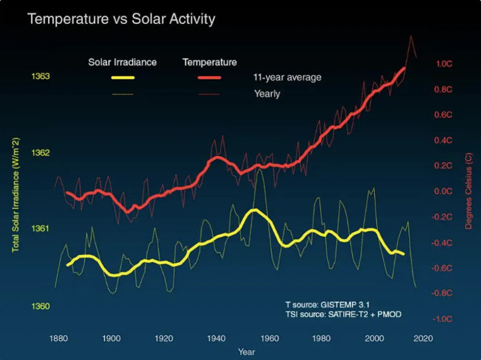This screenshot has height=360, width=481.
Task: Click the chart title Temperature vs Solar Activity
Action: click(121, 20)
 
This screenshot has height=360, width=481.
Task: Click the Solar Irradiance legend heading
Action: click(122, 62)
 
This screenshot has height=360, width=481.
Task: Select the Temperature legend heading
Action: click(209, 62)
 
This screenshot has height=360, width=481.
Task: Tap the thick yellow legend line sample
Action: click(123, 78)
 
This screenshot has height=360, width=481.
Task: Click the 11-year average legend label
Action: click(288, 78)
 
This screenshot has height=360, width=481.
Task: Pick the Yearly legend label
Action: click(267, 94)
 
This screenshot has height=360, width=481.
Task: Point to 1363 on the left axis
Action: click(40, 77)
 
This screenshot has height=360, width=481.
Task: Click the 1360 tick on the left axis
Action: click(40, 306)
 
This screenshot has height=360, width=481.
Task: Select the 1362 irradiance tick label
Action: click(40, 153)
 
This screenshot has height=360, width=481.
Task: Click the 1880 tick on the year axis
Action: click(58, 338)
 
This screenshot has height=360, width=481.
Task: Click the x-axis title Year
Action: click(247, 351)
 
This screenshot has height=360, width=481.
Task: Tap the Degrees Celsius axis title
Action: click(468, 190)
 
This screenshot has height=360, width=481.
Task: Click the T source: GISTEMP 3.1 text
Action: click(324, 304)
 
